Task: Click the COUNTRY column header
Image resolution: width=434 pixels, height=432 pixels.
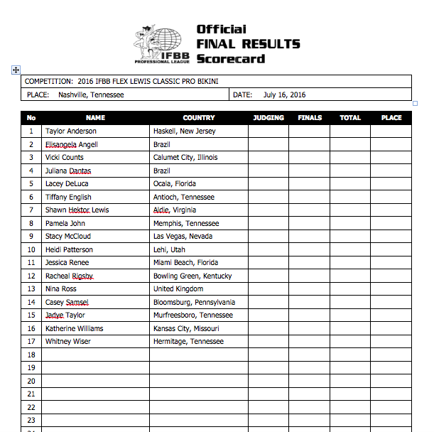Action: point(198,118)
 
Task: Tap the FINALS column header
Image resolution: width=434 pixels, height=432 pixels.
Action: point(309,118)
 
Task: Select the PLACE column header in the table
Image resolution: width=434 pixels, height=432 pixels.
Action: point(391,118)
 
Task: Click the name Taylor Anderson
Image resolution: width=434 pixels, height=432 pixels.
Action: point(70,131)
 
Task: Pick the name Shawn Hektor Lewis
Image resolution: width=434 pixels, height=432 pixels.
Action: point(77,210)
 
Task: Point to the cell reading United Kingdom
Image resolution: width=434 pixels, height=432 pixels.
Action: point(178,289)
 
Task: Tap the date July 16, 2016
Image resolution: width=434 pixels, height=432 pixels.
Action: point(284,94)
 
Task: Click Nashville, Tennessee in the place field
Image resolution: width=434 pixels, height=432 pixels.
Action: point(91,94)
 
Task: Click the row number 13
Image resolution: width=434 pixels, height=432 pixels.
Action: point(31,289)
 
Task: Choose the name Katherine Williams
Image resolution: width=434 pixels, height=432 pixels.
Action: point(74,329)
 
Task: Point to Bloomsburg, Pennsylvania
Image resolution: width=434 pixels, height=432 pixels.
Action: point(194,303)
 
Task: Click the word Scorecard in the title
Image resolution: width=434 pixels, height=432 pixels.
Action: point(230,58)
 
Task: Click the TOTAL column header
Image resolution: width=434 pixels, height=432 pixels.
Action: point(350,118)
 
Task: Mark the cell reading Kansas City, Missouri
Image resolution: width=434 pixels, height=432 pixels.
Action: point(186,329)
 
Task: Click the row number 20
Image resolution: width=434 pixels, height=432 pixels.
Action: point(31,382)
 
